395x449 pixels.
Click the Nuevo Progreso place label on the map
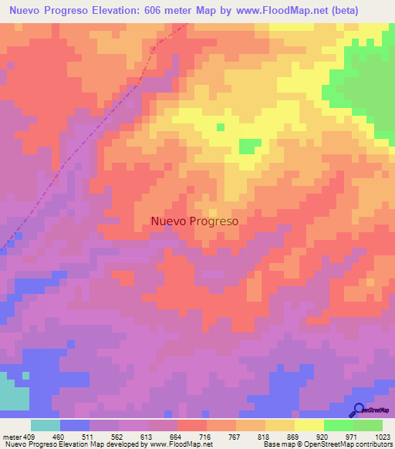click(194, 221)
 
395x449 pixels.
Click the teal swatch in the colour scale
click(46, 425)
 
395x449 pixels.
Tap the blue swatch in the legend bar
click(75, 425)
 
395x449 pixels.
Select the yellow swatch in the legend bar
click(309, 425)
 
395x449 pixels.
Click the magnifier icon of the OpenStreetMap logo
click(357, 410)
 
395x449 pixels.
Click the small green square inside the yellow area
click(220, 127)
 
